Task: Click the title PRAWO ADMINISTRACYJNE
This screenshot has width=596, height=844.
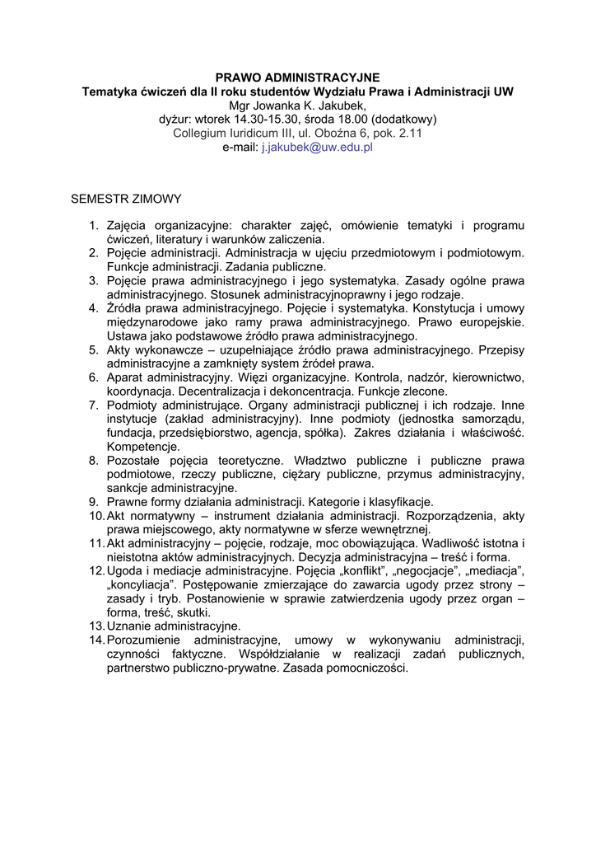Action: point(298,77)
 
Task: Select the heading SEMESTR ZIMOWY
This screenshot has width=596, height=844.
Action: point(127,199)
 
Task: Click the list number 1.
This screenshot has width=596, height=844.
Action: point(94,225)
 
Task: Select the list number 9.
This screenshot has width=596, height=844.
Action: point(94,502)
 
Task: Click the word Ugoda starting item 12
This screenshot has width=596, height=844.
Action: point(123,571)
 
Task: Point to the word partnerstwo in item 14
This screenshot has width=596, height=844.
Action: point(141,668)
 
